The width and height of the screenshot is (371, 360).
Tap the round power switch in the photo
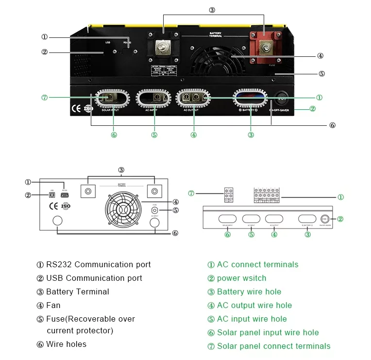(282, 99)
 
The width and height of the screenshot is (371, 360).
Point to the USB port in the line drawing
(52, 195)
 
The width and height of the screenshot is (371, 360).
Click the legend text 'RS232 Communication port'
(98, 265)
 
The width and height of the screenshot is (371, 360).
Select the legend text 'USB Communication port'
(94, 278)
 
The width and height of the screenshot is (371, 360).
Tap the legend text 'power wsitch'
(241, 278)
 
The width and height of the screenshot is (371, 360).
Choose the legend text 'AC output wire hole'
(254, 306)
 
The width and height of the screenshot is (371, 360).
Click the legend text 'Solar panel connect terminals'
(273, 346)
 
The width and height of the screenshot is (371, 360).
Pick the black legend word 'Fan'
(53, 306)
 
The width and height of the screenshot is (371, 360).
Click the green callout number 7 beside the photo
(45, 98)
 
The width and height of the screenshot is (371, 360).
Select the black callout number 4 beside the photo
(320, 56)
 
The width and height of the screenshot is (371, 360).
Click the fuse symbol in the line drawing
(154, 210)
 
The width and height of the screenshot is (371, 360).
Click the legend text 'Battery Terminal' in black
(77, 292)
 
